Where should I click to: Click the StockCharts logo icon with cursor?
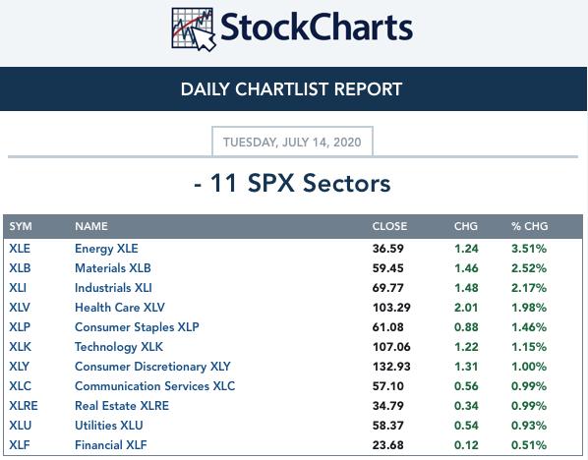(194, 29)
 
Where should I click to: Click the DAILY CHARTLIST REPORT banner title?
(291, 89)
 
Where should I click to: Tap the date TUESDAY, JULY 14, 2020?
(292, 143)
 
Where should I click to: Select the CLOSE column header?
(389, 226)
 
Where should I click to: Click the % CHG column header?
(529, 226)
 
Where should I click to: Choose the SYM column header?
(21, 226)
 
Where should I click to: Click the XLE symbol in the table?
(20, 248)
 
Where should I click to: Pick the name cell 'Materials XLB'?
(113, 268)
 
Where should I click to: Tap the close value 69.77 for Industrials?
(388, 288)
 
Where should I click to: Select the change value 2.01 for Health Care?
(466, 308)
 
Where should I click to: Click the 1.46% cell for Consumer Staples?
(529, 327)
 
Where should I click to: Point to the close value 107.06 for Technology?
(391, 347)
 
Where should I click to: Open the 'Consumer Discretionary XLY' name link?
(152, 367)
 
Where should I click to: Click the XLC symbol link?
(21, 386)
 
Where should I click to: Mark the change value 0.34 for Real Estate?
(466, 406)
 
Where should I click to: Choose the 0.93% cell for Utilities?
(529, 426)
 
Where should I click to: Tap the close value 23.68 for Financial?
(388, 445)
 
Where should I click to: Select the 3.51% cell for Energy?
(529, 248)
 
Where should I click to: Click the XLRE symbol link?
(24, 406)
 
